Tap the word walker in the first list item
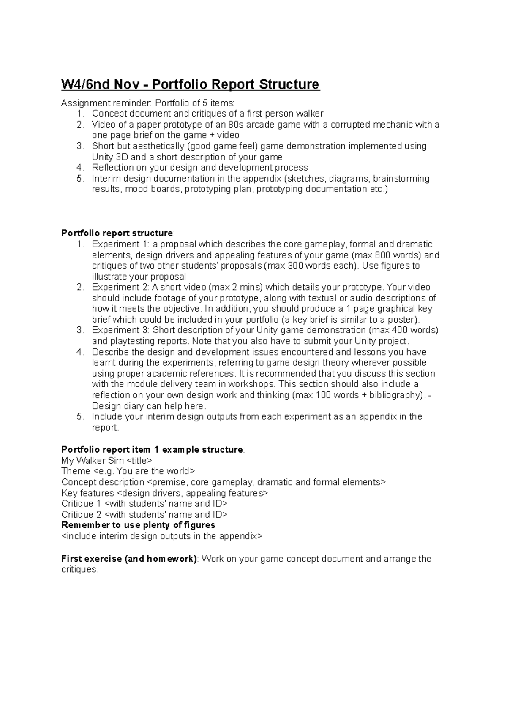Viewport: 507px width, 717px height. tap(311, 114)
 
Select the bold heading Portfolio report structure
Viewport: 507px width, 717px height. tap(117, 233)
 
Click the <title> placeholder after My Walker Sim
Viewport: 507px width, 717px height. tap(139, 460)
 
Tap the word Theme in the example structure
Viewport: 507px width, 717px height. tap(76, 471)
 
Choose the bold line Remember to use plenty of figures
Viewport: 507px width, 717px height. tap(138, 525)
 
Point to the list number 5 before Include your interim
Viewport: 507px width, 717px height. tap(80, 417)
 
